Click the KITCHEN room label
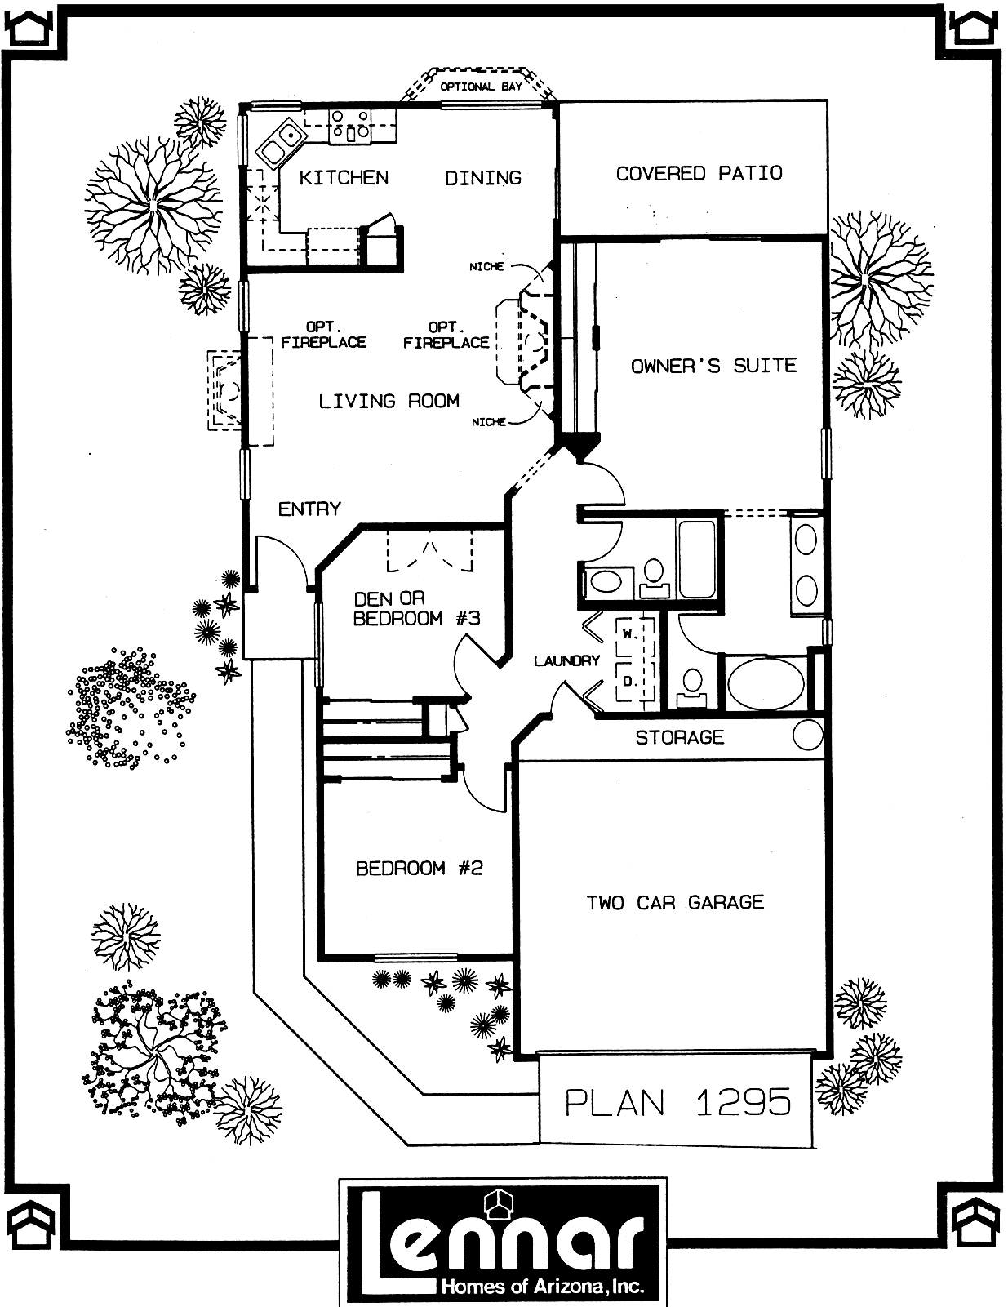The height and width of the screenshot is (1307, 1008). pos(344,177)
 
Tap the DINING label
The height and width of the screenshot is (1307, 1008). pos(482,177)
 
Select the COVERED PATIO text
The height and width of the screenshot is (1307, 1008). pos(699,173)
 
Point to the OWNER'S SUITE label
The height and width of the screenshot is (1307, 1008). pos(713,366)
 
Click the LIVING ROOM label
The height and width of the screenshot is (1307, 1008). pos(389,401)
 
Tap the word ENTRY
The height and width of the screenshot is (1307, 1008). pos(309,509)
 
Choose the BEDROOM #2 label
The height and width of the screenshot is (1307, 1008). pos(420,868)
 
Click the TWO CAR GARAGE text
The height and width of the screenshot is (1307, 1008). pos(675,902)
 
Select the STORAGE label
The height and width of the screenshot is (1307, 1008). pos(679,737)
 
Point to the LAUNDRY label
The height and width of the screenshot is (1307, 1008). pos(566,660)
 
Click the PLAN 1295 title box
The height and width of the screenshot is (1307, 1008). pos(677,1102)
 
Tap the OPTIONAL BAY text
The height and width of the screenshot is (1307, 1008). pos(481,87)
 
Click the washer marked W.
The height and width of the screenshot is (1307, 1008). pos(628,633)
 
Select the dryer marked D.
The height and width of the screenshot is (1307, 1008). pos(628,681)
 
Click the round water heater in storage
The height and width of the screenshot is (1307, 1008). pos(808,736)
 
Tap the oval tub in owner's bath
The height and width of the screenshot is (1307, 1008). pos(766,684)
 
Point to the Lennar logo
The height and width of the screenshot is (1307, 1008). pos(503,1243)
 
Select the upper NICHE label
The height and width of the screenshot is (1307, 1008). pos(486,267)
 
